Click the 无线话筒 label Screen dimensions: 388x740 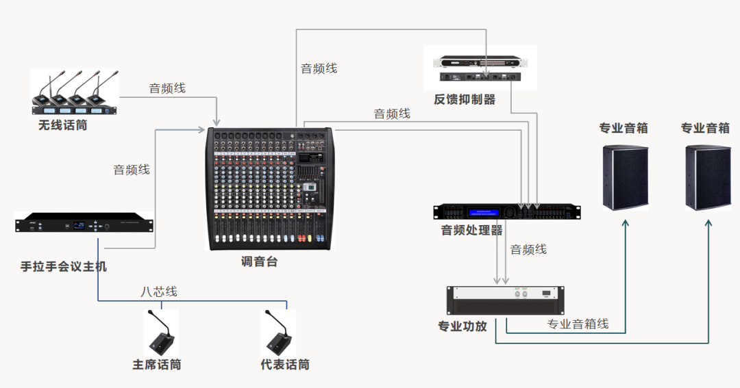pos(63,126)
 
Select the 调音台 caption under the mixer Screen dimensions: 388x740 pos(259,261)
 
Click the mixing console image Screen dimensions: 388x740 pos(270,189)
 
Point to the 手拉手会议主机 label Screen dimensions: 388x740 pos(64,266)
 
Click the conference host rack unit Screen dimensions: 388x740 pos(84,224)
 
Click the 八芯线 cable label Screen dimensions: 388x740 pos(159,292)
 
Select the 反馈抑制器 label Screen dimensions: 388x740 pos(464,100)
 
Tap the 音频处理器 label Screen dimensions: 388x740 pos(471,230)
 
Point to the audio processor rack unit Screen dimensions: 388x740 pos(507,211)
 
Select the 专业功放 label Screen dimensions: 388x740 pos(463,326)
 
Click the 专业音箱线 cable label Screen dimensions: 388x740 pos(578,324)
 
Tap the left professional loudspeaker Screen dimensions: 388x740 pos(625,177)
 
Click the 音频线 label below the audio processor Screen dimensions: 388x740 pos(528,250)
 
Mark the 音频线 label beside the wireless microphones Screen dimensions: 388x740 pos(167,88)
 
